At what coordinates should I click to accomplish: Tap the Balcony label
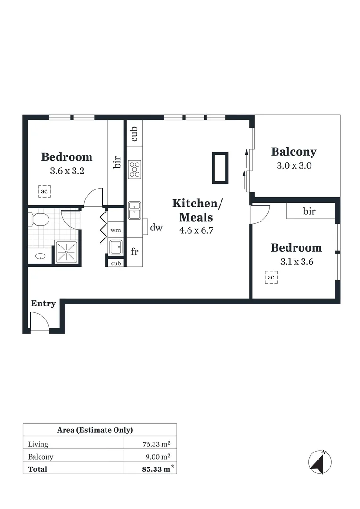point(294,152)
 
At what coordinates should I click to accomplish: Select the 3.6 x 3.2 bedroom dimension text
point(67,171)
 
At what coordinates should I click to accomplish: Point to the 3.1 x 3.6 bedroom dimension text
point(296,262)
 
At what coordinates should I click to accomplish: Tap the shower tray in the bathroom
point(66,252)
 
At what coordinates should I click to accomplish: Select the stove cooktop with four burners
point(135,169)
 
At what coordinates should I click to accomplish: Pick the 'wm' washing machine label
point(115,230)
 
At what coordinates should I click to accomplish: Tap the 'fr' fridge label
point(134,252)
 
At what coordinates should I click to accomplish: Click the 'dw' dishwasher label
point(156,228)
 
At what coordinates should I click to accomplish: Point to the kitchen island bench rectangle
point(220,168)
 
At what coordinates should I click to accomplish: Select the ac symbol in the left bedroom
point(44,191)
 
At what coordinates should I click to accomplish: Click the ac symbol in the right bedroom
point(271,278)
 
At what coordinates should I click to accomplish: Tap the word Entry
point(43,304)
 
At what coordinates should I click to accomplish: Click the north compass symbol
point(319,462)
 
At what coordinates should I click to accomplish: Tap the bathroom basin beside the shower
point(41,257)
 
